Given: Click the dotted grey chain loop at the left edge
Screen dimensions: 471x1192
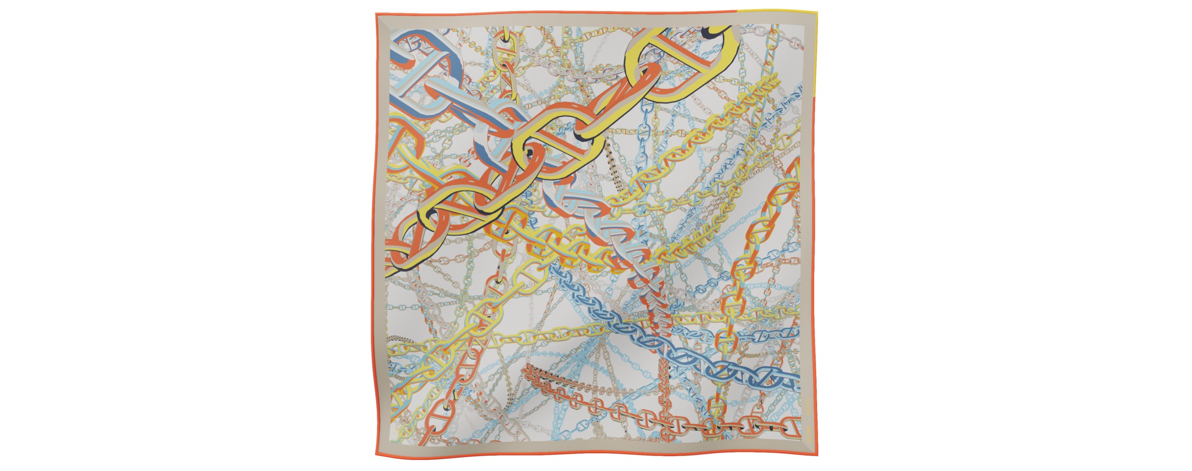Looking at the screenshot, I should (x=399, y=340).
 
